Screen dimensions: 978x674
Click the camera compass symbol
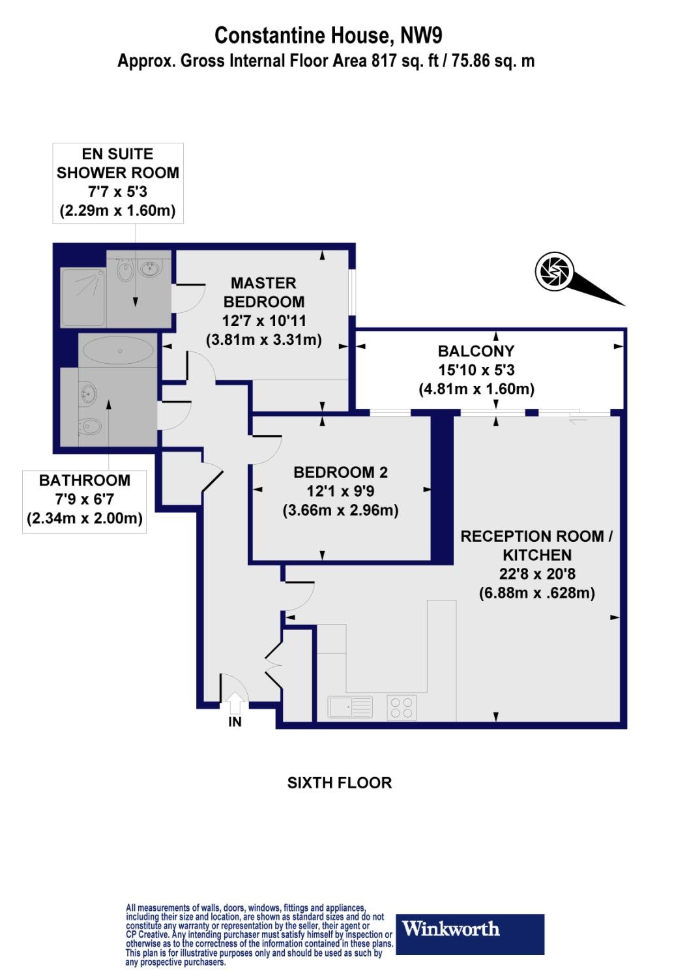click(x=553, y=271)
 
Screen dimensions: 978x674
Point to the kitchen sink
click(x=350, y=707)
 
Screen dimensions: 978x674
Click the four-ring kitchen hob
click(x=402, y=707)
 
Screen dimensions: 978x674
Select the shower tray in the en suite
click(x=83, y=297)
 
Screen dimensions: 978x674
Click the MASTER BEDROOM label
click(x=263, y=292)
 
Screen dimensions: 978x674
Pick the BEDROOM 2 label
click(x=340, y=472)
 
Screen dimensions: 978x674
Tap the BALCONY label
click(x=476, y=351)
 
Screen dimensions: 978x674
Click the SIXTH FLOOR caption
click(x=340, y=782)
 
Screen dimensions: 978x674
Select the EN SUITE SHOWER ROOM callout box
click(x=118, y=183)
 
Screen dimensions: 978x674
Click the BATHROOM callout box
click(x=85, y=500)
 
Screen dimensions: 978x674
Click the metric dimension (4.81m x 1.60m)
click(x=476, y=389)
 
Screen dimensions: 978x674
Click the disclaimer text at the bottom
click(x=259, y=934)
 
